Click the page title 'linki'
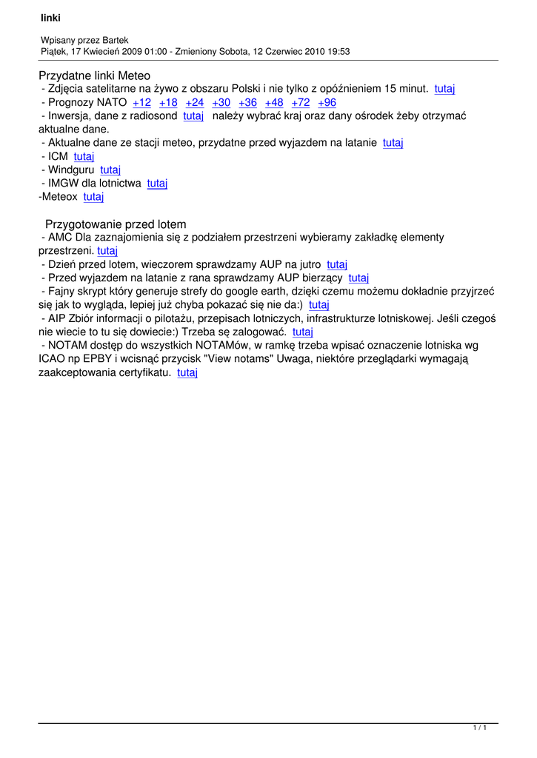click(x=50, y=18)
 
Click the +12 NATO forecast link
click(x=141, y=103)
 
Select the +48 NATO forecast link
click(x=274, y=103)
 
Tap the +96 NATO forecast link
click(x=327, y=103)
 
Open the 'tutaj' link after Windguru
click(x=110, y=170)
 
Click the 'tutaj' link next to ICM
click(x=84, y=157)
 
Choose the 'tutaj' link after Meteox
click(x=93, y=197)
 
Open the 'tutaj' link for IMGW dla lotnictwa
click(x=157, y=184)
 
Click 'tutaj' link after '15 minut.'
click(x=444, y=89)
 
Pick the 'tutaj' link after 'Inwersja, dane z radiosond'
click(x=193, y=116)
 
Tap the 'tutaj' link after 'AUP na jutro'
click(x=337, y=264)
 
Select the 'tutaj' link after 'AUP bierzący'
click(x=358, y=278)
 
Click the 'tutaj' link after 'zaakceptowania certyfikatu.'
click(x=187, y=373)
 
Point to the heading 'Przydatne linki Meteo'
click(x=94, y=76)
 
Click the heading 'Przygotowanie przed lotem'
click(x=116, y=224)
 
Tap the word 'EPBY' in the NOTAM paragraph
click(x=91, y=360)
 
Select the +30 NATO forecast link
click(x=221, y=103)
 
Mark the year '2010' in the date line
click(x=308, y=51)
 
